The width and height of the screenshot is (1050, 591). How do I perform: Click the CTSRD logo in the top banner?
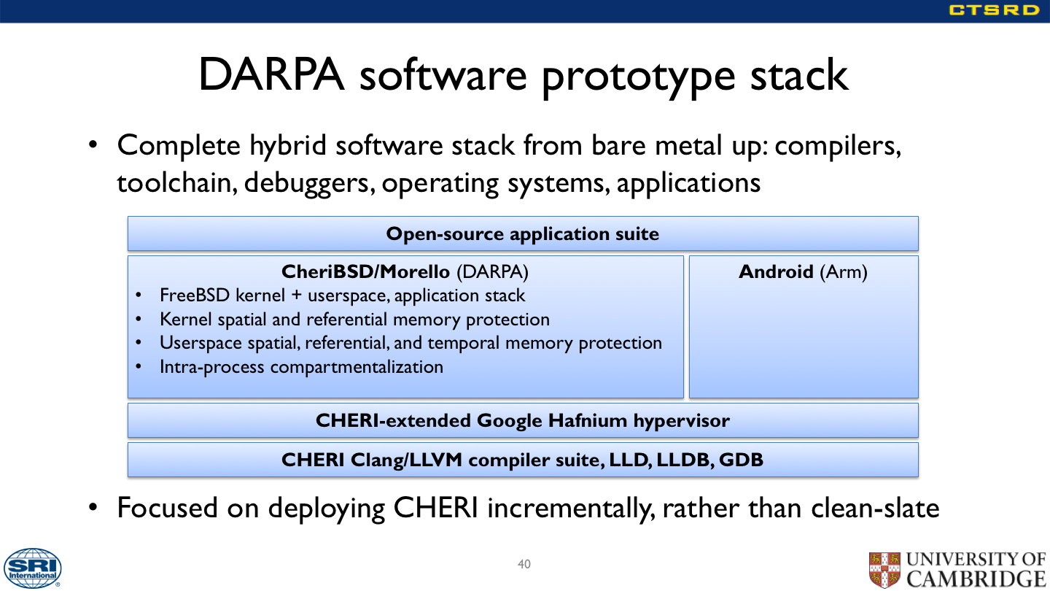pyautogui.click(x=995, y=10)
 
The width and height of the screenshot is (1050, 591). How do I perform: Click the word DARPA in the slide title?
pyautogui.click(x=271, y=74)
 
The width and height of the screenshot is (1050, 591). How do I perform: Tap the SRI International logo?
pyautogui.click(x=32, y=568)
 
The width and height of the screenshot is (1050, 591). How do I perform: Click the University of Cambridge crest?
pyautogui.click(x=884, y=570)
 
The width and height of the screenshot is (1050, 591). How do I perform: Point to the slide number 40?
pyautogui.click(x=524, y=564)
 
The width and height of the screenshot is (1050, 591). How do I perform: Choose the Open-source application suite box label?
pyautogui.click(x=523, y=233)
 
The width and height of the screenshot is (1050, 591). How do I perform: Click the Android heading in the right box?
pyautogui.click(x=776, y=271)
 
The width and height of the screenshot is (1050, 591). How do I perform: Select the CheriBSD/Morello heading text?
pyautogui.click(x=365, y=271)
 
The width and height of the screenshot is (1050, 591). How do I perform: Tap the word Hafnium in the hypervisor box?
pyautogui.click(x=588, y=420)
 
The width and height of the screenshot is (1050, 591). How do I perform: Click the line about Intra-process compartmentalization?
pyautogui.click(x=301, y=367)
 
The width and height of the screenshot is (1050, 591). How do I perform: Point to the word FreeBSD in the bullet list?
pyautogui.click(x=195, y=295)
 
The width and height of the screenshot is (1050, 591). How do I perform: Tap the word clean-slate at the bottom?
pyautogui.click(x=875, y=508)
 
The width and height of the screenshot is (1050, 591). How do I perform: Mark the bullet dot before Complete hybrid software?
pyautogui.click(x=93, y=144)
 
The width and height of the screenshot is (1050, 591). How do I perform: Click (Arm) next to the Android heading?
pyautogui.click(x=844, y=272)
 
